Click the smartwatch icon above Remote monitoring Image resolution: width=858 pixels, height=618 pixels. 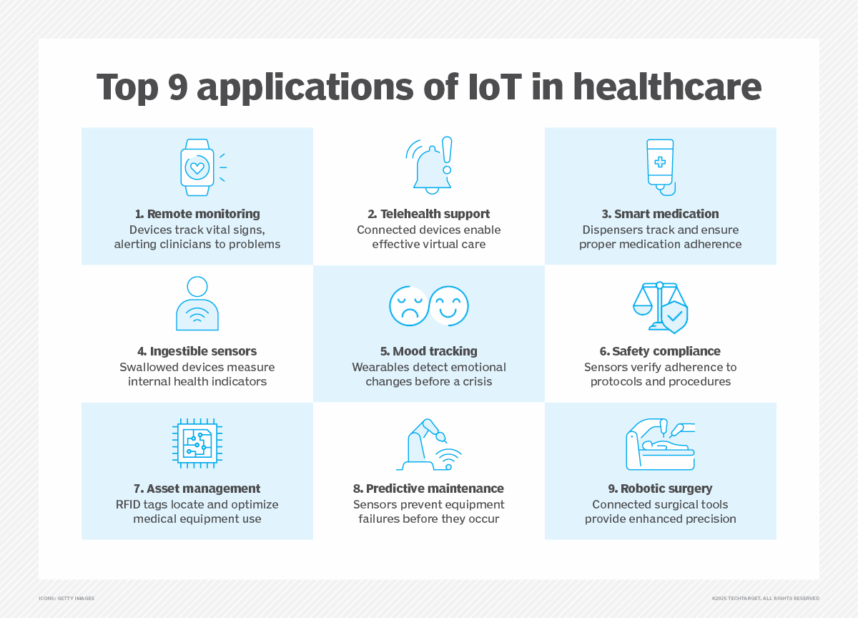197,167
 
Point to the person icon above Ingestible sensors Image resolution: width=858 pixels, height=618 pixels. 197,304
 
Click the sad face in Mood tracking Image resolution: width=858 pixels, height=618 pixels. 408,305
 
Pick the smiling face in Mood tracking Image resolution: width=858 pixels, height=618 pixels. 450,305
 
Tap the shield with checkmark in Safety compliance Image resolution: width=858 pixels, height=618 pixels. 674,315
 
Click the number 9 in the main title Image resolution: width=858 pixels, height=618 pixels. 181,87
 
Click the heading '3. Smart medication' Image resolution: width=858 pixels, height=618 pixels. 660,214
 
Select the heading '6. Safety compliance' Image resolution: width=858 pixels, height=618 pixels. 660,351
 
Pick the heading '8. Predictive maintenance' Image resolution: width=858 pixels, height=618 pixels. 428,489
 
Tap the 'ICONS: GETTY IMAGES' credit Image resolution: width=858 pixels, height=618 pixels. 66,598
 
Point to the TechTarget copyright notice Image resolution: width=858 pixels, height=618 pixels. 765,598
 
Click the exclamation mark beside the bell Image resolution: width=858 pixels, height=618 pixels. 447,154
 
